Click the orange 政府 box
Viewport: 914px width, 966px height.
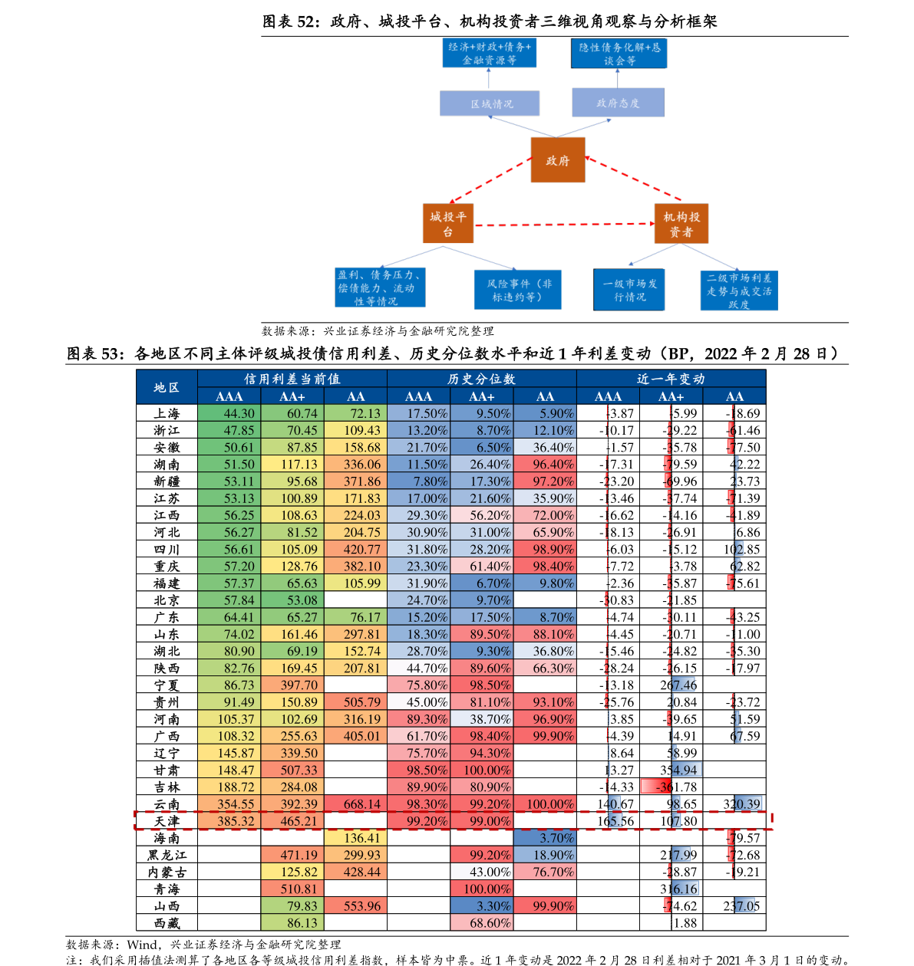(x=558, y=160)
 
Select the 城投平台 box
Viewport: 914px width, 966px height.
(x=448, y=224)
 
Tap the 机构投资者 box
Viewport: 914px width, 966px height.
(x=681, y=224)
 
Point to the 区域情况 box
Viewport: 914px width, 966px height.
(x=490, y=103)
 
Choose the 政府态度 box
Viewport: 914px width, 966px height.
(x=618, y=103)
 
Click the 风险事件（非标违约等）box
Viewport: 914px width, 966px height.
(x=518, y=290)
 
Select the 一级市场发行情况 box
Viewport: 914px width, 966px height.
(x=629, y=290)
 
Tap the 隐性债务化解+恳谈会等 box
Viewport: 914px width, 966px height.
(x=619, y=54)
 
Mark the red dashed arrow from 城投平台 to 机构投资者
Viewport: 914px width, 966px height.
(x=564, y=225)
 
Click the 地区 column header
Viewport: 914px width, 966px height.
(x=167, y=387)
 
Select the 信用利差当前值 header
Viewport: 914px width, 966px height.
(x=292, y=379)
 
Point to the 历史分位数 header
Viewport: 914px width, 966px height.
(x=481, y=379)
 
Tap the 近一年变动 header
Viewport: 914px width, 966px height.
(x=671, y=379)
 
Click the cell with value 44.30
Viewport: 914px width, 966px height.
(x=229, y=413)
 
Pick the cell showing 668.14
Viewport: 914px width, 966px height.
(x=355, y=804)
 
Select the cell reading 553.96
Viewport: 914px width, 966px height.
(x=355, y=906)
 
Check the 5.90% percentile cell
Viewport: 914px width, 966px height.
(x=545, y=413)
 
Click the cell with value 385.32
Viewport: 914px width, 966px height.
(x=229, y=821)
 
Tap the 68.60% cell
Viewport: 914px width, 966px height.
(x=481, y=923)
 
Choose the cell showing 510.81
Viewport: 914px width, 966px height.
(x=292, y=889)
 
